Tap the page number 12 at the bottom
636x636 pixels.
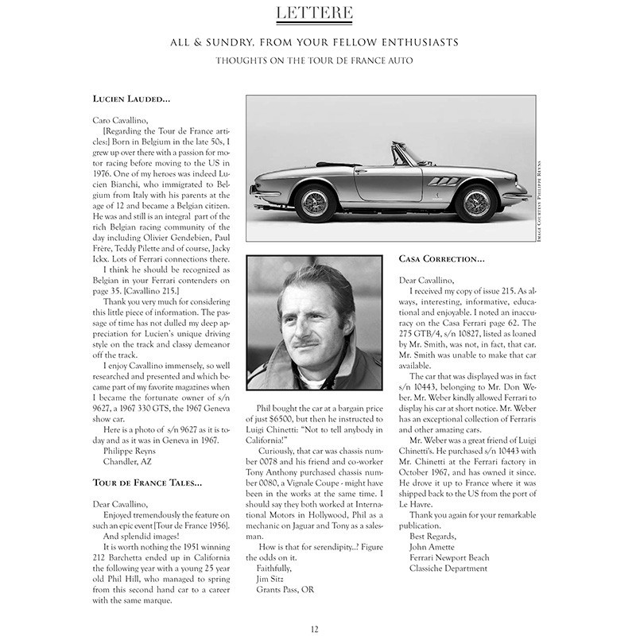coord(316,629)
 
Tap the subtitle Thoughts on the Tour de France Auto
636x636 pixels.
coord(317,60)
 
